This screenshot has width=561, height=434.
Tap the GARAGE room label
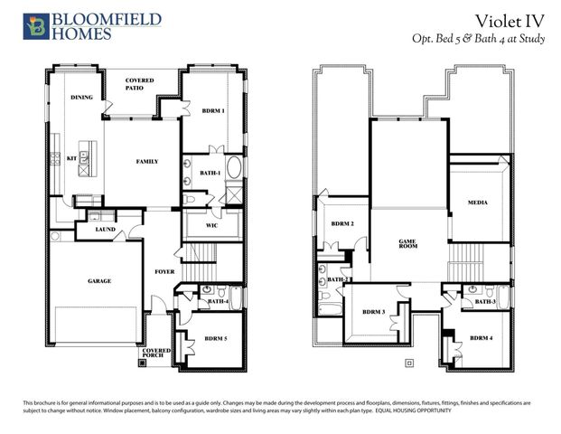(x=99, y=281)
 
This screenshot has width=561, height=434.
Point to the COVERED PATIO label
(x=139, y=85)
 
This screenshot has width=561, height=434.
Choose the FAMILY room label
(x=146, y=162)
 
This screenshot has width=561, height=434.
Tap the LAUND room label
(x=107, y=231)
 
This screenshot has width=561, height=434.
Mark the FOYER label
(x=164, y=270)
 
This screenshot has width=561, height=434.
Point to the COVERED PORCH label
(x=156, y=354)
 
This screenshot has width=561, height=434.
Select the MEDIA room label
(x=478, y=203)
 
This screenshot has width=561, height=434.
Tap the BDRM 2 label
(x=341, y=224)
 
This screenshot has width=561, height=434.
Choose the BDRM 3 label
(x=373, y=312)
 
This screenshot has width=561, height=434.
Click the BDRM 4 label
(x=481, y=337)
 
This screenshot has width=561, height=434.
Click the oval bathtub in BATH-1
(x=232, y=168)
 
